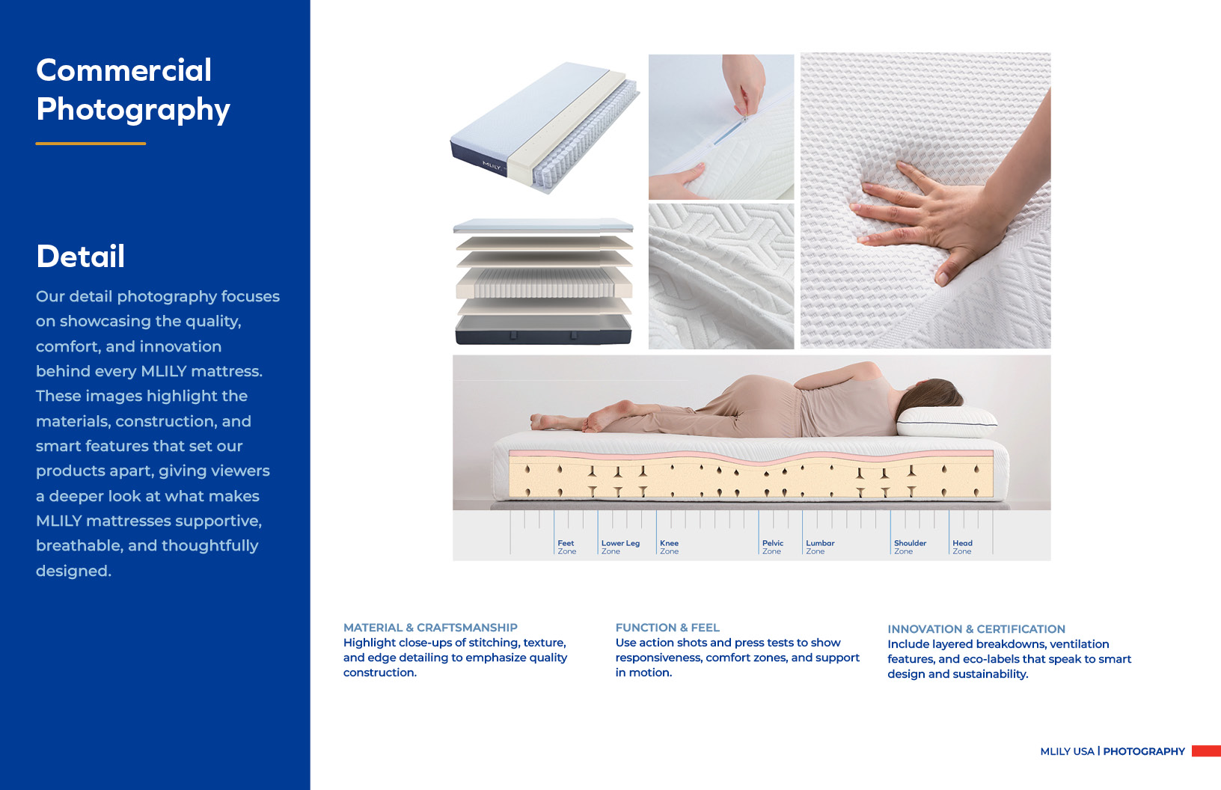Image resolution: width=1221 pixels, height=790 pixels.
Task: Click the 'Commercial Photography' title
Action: pos(133,90)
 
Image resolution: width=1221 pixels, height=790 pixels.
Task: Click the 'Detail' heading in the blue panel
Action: pos(80,257)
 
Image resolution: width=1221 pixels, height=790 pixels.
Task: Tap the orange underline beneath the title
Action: pos(91,144)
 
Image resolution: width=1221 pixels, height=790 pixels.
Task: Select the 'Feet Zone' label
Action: pos(567,547)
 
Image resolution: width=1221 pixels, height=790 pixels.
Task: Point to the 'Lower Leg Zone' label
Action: pos(620,547)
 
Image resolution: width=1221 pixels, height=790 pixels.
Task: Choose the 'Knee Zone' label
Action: pos(669,547)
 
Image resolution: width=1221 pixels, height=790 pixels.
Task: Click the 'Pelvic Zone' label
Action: pos(772,547)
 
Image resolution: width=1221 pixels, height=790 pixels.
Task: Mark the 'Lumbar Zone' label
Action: pos(820,547)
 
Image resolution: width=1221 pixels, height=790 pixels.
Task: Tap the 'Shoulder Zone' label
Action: pos(910,547)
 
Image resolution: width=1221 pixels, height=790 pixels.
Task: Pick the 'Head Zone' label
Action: pos(962,547)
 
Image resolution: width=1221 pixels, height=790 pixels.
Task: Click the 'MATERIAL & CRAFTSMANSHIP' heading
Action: pos(430,628)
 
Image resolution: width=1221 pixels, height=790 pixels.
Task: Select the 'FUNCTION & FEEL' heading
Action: pos(667,628)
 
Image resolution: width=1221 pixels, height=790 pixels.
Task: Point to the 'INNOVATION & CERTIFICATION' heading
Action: pos(976,628)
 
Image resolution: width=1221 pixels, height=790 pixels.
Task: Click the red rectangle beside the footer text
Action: pos(1206,751)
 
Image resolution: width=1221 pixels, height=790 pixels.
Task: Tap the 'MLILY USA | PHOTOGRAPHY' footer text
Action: pos(1113,751)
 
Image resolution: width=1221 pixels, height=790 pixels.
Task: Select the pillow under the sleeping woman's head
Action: pos(946,422)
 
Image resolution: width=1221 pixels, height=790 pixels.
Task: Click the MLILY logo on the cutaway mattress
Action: pos(491,165)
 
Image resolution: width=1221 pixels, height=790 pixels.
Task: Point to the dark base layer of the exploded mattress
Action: pos(543,330)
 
